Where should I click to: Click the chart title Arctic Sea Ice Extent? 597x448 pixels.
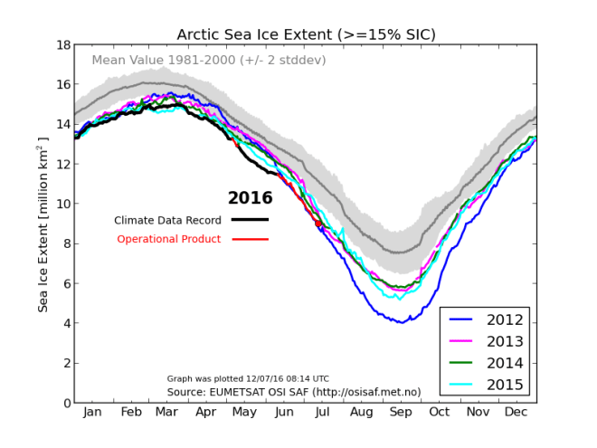tap(306, 34)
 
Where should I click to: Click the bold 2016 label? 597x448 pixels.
tap(250, 198)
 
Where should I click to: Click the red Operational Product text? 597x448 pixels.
tap(169, 239)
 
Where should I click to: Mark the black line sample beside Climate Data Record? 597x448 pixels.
tap(250, 220)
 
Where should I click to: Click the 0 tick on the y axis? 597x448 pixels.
tap(66, 403)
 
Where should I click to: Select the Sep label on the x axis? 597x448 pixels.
tap(400, 414)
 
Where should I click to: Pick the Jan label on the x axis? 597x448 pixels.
tap(92, 414)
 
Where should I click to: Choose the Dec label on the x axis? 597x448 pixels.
tap(516, 414)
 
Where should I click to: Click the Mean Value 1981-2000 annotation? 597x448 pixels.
tap(209, 61)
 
